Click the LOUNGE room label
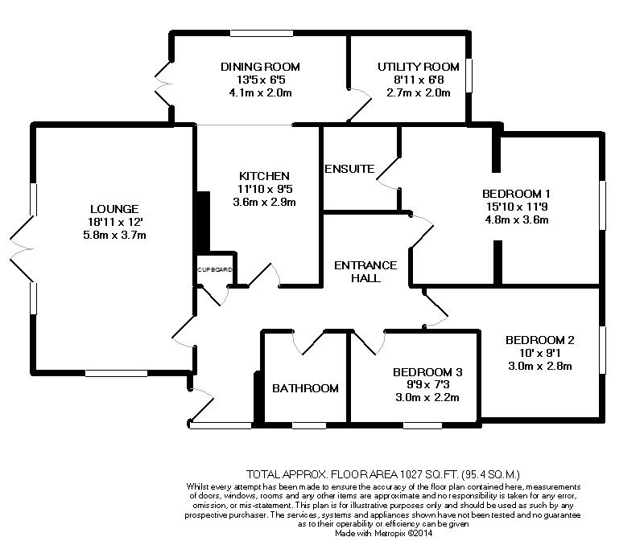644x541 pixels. pyautogui.click(x=114, y=209)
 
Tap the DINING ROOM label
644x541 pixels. pyautogui.click(x=260, y=67)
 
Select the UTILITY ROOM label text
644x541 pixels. pyautogui.click(x=419, y=67)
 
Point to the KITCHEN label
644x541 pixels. pyautogui.click(x=264, y=176)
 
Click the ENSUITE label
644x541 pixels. pyautogui.click(x=349, y=169)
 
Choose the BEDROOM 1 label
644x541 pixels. pyautogui.click(x=516, y=194)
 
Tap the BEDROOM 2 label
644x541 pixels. pyautogui.click(x=539, y=340)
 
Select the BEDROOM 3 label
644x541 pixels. pyautogui.click(x=427, y=372)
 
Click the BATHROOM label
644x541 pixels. pyautogui.click(x=306, y=388)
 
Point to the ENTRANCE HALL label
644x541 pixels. pyautogui.click(x=365, y=272)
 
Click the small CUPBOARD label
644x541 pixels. pyautogui.click(x=214, y=270)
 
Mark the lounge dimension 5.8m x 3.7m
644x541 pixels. pyautogui.click(x=114, y=236)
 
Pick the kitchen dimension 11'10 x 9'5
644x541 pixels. pyautogui.click(x=265, y=189)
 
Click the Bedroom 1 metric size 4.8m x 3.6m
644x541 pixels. pyautogui.click(x=517, y=219)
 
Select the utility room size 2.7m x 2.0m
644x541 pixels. pyautogui.click(x=419, y=92)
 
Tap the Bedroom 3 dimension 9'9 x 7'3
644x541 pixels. pyautogui.click(x=427, y=385)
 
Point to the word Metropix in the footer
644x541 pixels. pyautogui.click(x=390, y=534)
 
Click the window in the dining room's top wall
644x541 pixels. pyautogui.click(x=262, y=33)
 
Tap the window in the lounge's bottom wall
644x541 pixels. pyautogui.click(x=116, y=373)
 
